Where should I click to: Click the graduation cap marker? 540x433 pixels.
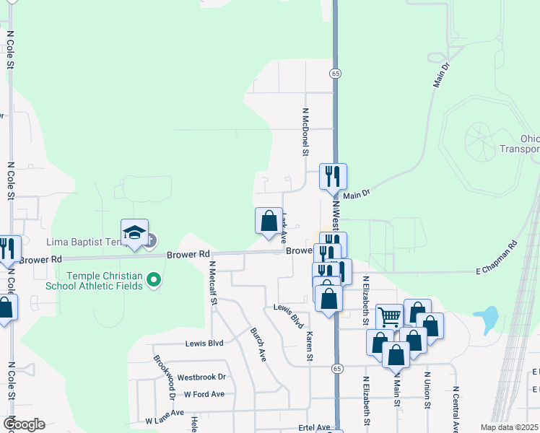(x=134, y=232)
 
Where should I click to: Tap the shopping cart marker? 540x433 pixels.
(x=389, y=316)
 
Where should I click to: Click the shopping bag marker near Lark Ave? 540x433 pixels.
(x=269, y=221)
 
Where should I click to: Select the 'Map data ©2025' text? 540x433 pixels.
(x=509, y=427)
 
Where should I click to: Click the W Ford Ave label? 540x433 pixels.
(x=204, y=394)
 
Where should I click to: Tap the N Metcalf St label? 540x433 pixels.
(x=213, y=283)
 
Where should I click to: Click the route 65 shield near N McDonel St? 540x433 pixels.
(x=336, y=74)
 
